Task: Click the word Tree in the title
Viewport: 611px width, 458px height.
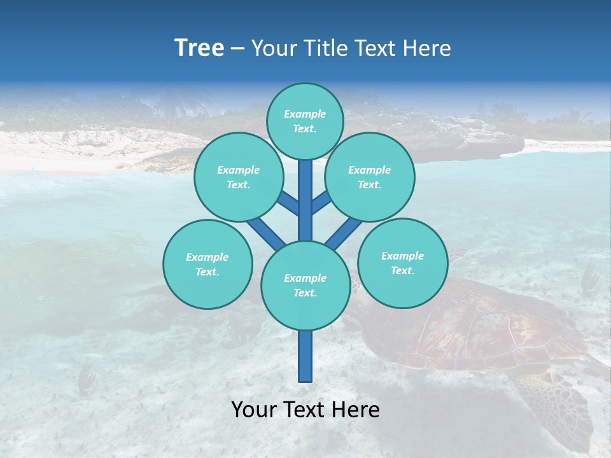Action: tap(199, 48)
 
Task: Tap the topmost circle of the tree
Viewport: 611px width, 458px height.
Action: tap(305, 121)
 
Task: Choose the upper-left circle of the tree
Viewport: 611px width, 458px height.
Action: tap(238, 177)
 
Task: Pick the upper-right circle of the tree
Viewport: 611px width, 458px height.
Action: tap(369, 177)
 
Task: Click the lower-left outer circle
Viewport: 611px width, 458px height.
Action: tap(207, 264)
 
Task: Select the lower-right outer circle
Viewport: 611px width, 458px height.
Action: tap(402, 263)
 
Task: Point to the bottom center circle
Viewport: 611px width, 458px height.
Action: tap(305, 286)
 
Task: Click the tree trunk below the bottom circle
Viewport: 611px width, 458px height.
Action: tap(305, 356)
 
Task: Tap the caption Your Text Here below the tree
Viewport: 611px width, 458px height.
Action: tap(305, 410)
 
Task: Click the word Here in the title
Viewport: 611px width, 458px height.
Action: tap(427, 48)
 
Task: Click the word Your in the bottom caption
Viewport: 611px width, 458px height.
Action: tap(253, 410)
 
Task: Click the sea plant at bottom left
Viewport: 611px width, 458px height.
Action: tap(86, 378)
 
